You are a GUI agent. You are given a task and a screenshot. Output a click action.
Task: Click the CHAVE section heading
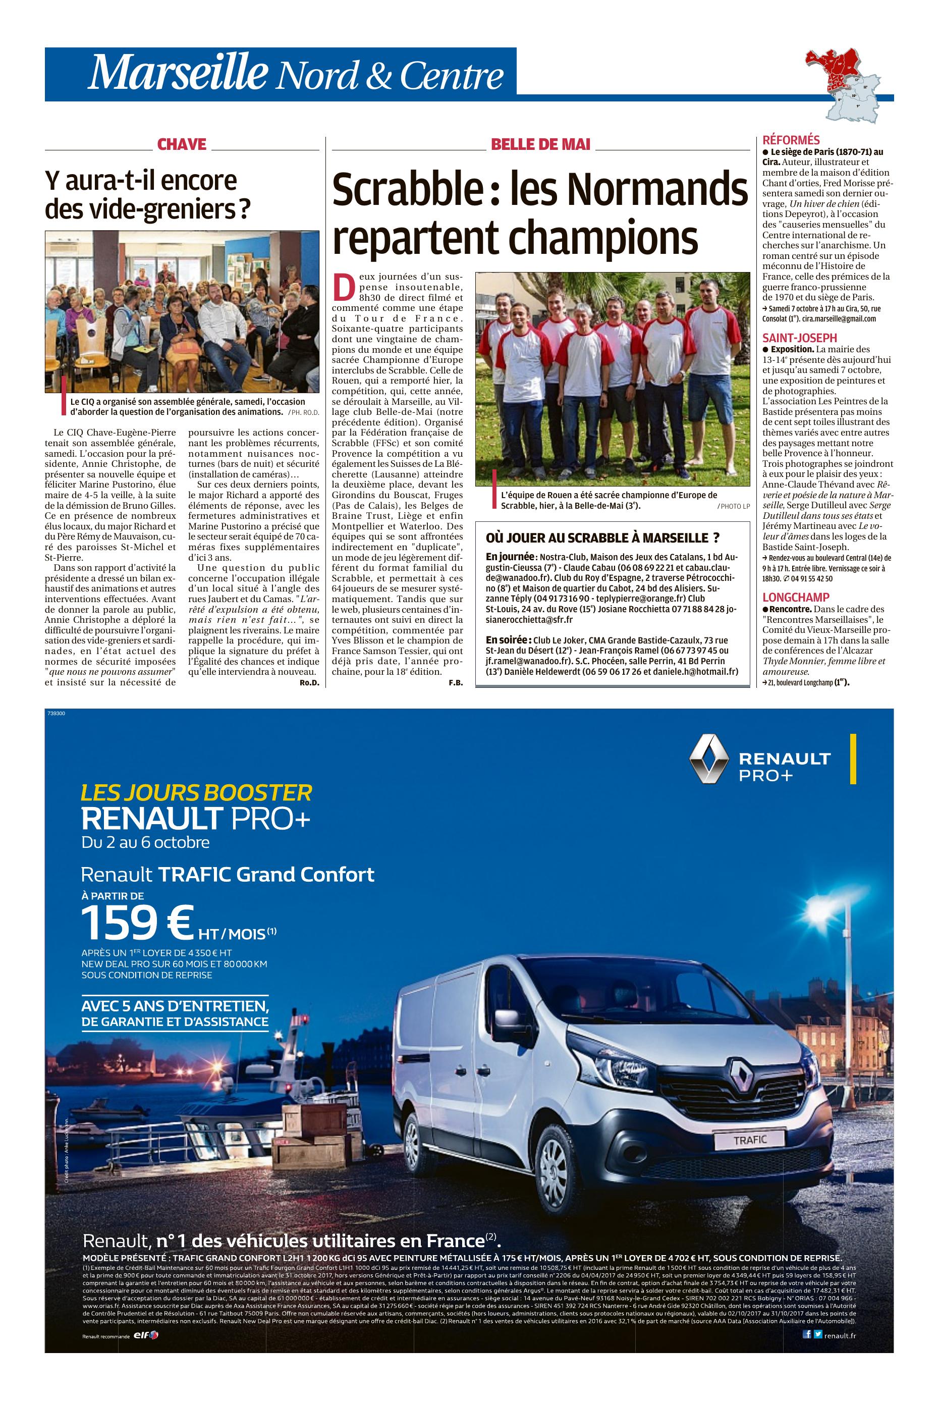[x=182, y=144]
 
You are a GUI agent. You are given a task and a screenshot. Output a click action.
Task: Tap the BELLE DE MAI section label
[x=540, y=144]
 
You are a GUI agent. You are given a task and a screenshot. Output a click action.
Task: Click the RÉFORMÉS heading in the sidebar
[x=791, y=140]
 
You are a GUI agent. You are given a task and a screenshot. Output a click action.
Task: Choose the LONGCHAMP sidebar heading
[x=796, y=597]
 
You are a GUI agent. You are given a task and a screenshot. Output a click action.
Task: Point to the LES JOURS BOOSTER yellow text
[x=196, y=793]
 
